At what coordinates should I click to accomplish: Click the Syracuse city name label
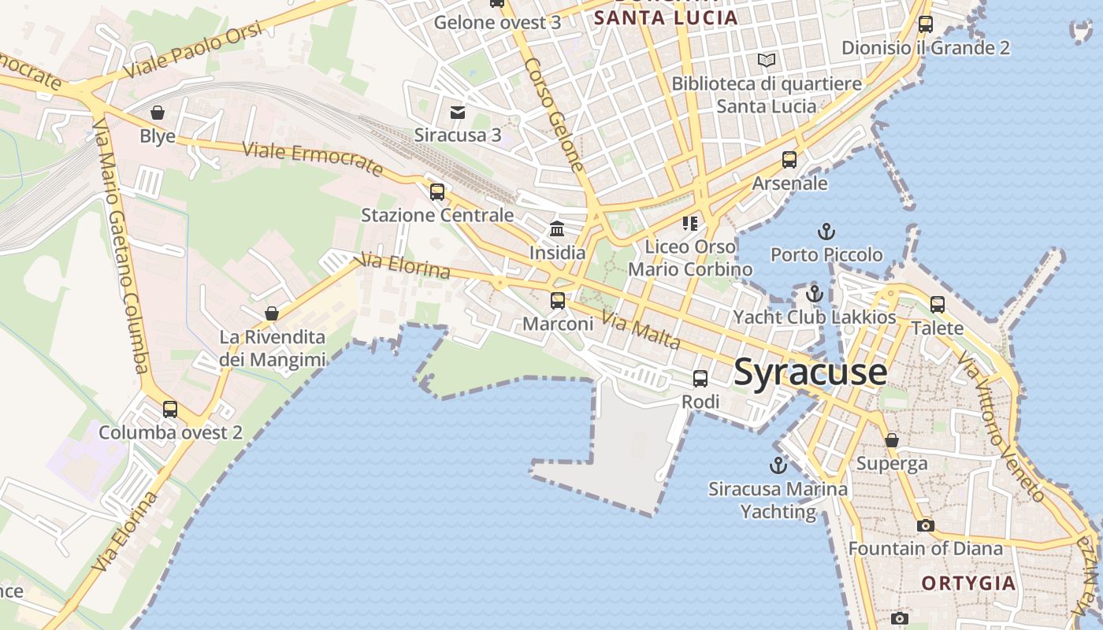click(x=810, y=372)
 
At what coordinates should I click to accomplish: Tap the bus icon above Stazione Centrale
click(x=437, y=191)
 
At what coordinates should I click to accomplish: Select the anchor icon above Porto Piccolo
click(x=826, y=232)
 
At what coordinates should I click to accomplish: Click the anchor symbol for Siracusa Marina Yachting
click(x=778, y=465)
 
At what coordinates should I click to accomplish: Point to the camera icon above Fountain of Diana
click(x=926, y=524)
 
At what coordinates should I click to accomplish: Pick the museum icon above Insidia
click(x=557, y=229)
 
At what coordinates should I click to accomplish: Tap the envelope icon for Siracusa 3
click(x=458, y=112)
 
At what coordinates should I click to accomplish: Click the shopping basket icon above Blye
click(x=158, y=113)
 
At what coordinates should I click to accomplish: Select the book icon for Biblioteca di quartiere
click(x=766, y=60)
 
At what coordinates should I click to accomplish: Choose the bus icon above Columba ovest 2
click(x=170, y=409)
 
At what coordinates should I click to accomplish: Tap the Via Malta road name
click(x=641, y=330)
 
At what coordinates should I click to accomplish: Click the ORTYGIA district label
click(x=968, y=584)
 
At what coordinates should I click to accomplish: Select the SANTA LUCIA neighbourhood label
click(x=666, y=18)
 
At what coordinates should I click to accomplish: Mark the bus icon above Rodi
click(x=700, y=379)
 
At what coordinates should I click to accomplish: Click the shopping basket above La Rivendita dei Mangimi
click(x=272, y=313)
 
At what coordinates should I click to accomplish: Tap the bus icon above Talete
click(x=938, y=304)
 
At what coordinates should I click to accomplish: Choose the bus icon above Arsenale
click(x=789, y=160)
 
